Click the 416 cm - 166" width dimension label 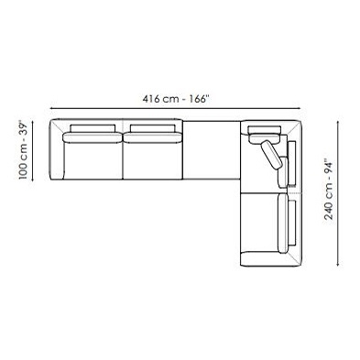tap(176, 99)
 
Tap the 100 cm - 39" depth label tap(23, 151)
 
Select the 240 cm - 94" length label tap(329, 190)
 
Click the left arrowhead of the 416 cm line tap(52, 108)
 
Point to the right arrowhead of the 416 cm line tap(300, 108)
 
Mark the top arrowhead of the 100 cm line tap(33, 123)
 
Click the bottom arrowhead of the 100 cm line tap(33, 179)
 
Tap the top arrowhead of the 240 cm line tap(338, 123)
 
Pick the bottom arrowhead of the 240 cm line tap(338, 264)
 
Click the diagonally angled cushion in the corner tap(271, 155)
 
